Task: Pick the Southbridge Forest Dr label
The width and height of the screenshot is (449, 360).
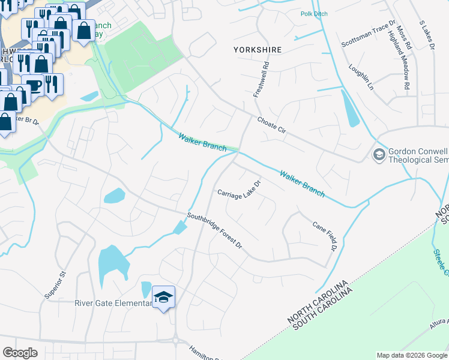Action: (x=214, y=231)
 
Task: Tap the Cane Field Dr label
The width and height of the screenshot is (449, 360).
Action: (x=325, y=235)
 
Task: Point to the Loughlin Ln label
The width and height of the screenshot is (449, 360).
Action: (x=361, y=77)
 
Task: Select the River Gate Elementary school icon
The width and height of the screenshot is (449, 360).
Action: (x=163, y=297)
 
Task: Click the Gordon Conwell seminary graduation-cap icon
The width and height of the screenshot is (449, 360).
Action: (x=379, y=155)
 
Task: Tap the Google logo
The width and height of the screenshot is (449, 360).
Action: (x=20, y=352)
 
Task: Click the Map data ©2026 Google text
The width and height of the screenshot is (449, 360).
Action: (x=412, y=355)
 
